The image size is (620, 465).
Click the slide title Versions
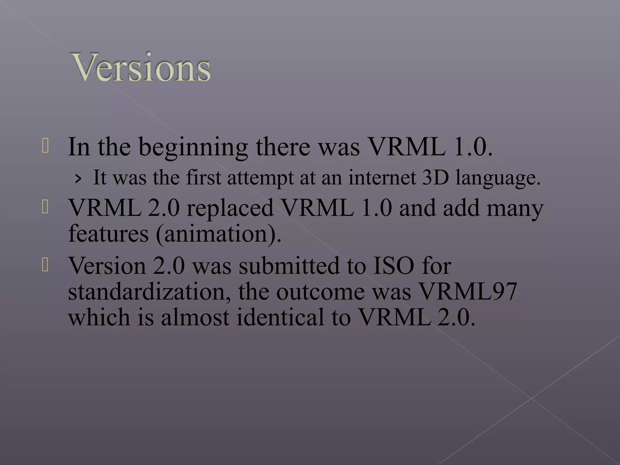coord(141,67)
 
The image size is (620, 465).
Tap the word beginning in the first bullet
coord(194,147)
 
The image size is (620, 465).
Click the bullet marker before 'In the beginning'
coord(45,146)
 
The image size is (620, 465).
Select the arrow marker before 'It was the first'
coord(78,179)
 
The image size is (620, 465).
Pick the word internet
coord(382,178)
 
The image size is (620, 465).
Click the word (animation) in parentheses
coord(219,234)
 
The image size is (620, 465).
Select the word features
coord(108,234)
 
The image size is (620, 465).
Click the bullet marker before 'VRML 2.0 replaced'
coord(45,207)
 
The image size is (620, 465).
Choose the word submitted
coord(289,266)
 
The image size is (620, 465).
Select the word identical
coord(280,318)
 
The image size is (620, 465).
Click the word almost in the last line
coord(195,318)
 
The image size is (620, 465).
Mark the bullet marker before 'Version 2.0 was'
coord(45,265)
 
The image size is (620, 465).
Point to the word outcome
coord(320,292)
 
